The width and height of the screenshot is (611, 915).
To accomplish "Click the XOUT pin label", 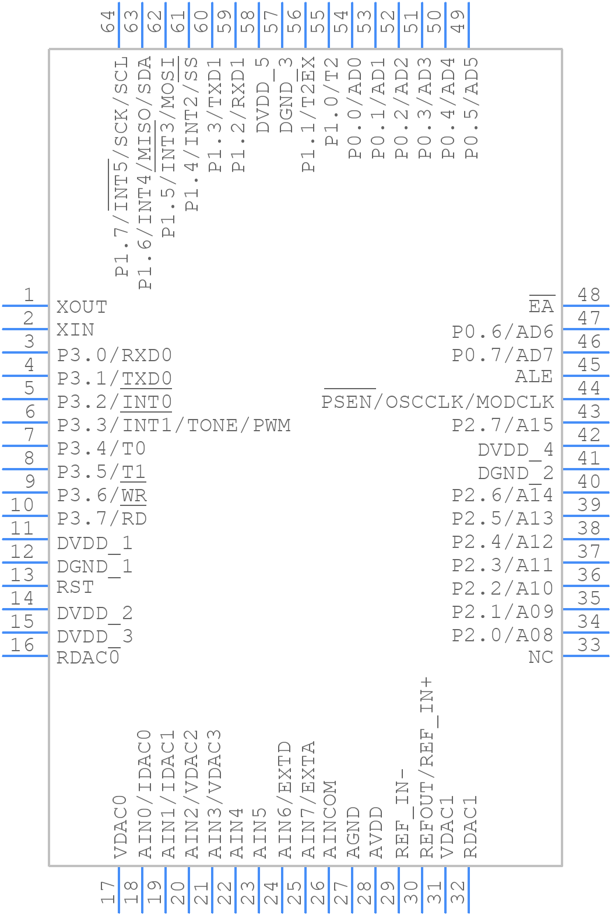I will [x=82, y=307].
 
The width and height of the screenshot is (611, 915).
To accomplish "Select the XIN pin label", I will [x=75, y=330].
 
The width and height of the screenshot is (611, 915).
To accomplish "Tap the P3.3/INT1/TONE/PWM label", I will [x=173, y=425].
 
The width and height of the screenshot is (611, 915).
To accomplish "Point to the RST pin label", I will [x=75, y=587].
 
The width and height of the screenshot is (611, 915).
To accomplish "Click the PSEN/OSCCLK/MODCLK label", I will [x=437, y=402].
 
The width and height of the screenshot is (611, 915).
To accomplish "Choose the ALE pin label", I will [x=533, y=377].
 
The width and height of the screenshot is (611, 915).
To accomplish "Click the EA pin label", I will [x=541, y=307].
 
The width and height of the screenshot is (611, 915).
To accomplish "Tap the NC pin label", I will [x=540, y=657].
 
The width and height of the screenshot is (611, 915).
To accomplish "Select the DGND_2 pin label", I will [x=515, y=473].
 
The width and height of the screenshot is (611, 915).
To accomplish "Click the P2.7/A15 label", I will [x=503, y=425].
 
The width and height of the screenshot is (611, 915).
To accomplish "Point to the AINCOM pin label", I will [x=330, y=819].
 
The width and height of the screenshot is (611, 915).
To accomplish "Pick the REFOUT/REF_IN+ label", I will [x=428, y=767].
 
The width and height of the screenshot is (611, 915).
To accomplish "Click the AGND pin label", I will [x=353, y=833].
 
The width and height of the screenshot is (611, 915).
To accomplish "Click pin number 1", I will [x=27, y=295].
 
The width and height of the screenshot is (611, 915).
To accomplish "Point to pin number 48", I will [x=589, y=295].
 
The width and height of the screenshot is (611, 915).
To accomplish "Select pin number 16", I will [x=22, y=645].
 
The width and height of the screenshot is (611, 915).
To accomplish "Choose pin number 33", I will [x=589, y=645].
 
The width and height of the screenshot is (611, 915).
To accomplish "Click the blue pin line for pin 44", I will [x=585, y=399].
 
